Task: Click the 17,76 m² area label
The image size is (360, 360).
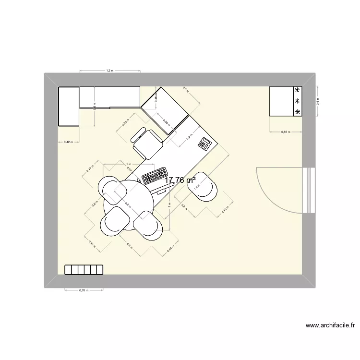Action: click(180, 180)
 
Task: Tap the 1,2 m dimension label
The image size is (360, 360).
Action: click(109, 71)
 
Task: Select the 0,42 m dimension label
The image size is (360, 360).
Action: click(68, 142)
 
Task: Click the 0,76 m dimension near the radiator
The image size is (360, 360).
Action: click(84, 290)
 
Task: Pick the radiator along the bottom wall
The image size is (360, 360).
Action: click(84, 270)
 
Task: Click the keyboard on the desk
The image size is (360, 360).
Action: click(155, 175)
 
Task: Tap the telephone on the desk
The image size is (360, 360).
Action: click(206, 143)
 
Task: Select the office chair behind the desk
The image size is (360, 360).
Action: click(147, 142)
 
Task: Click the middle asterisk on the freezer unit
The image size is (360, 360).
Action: click(298, 101)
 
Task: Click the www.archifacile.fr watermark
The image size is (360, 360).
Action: click(331, 326)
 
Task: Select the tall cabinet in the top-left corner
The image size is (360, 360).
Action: click(68, 106)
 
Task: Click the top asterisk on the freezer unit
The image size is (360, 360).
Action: click(298, 90)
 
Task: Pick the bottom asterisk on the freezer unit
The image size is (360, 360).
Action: click(298, 112)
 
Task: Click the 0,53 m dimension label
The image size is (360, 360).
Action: click(125, 122)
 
